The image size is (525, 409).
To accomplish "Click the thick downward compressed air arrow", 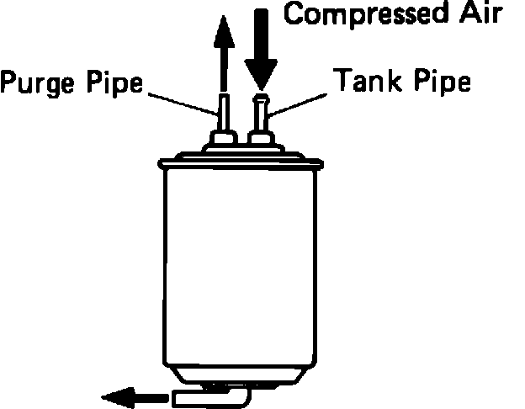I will tap(260, 46).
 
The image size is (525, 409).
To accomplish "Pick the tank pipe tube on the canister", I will tap(260, 114).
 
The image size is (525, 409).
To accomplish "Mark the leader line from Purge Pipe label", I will tap(181, 98).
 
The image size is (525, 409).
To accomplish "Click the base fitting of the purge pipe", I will tap(223, 137).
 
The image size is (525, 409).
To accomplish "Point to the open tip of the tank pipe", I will tap(260, 97).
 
